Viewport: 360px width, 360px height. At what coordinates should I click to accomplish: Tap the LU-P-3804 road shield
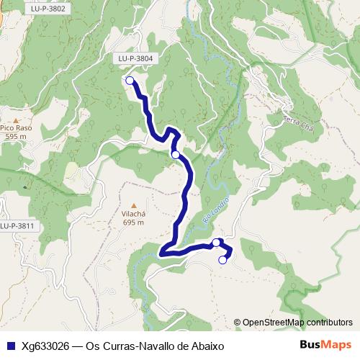134,58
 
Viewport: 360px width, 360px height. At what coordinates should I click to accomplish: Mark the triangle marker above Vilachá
133,206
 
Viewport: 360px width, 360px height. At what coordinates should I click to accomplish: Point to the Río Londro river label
217,210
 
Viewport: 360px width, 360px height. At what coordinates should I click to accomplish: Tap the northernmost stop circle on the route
130,81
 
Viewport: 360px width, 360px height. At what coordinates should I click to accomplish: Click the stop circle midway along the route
175,154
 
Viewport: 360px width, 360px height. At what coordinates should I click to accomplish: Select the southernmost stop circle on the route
222,260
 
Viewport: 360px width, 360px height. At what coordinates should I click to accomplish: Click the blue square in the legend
10,346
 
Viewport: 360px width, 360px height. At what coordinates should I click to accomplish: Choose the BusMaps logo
325,345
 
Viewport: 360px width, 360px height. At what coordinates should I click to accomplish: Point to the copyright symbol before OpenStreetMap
238,322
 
